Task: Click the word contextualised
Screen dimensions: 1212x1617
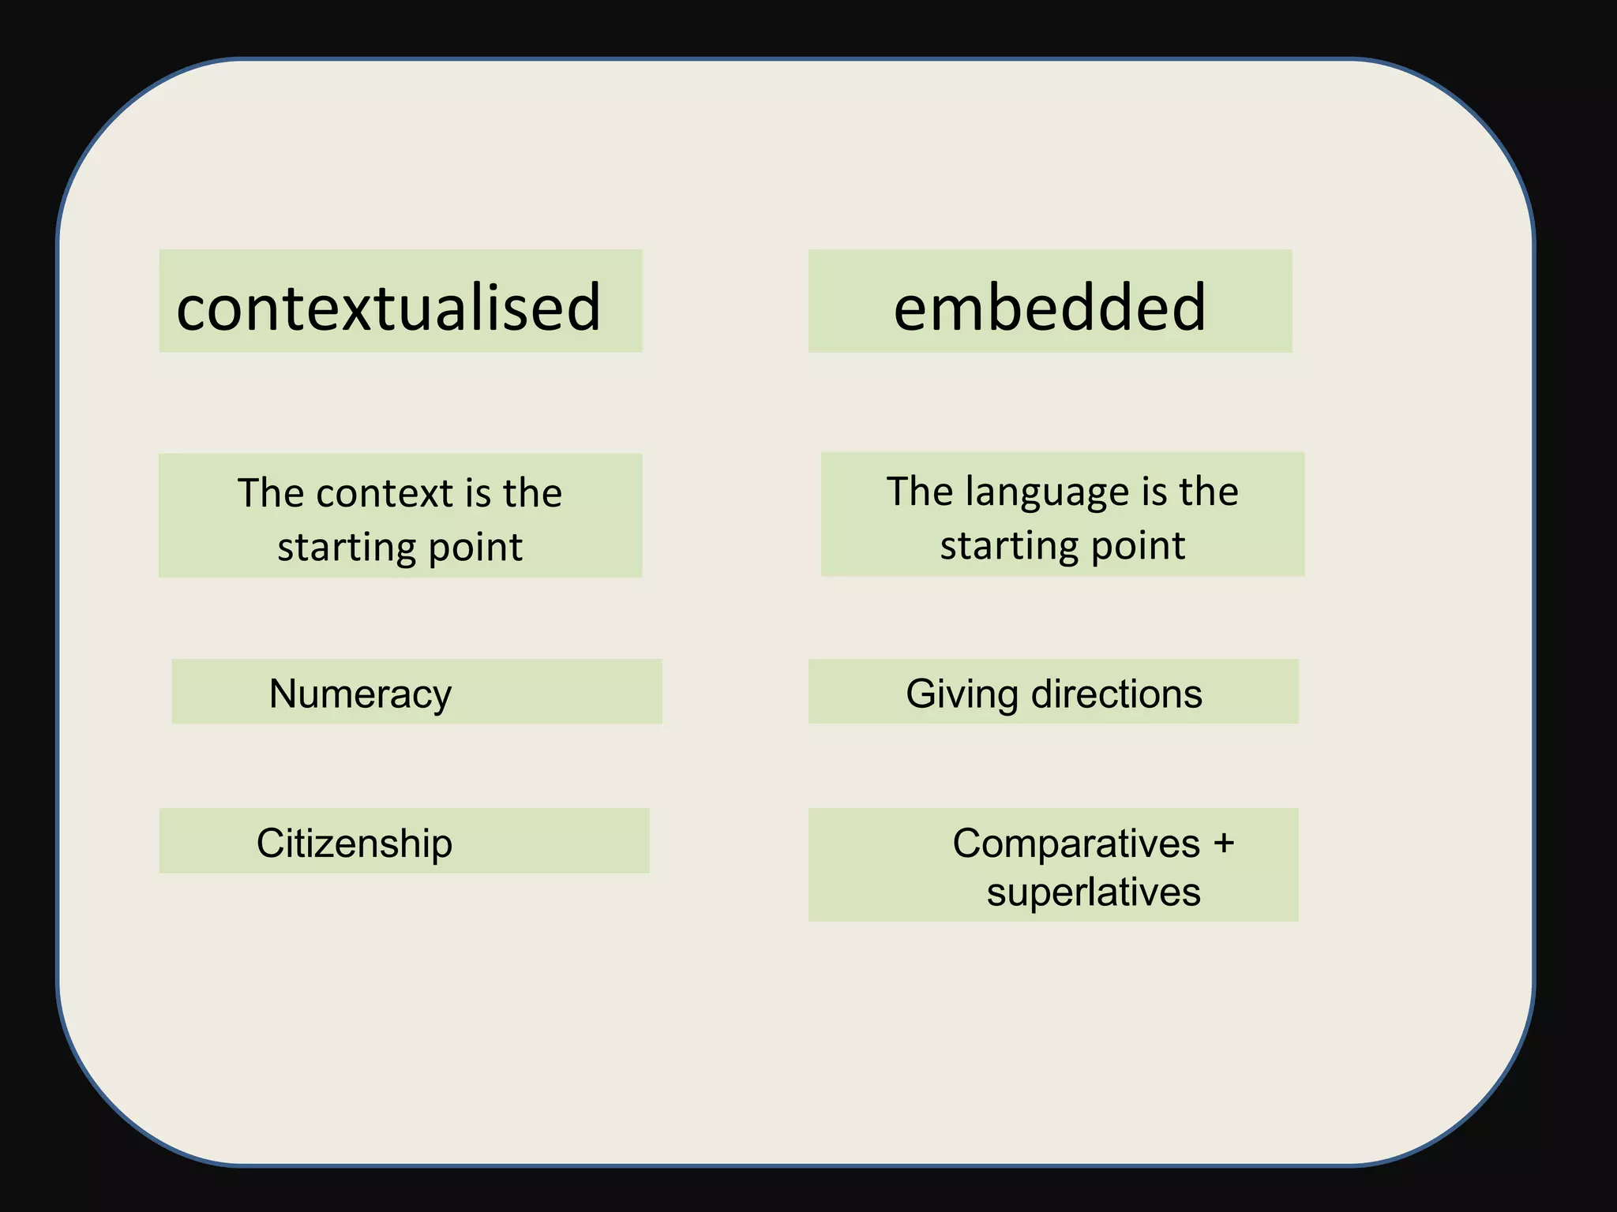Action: click(x=388, y=307)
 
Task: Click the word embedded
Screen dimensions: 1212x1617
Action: click(x=1049, y=307)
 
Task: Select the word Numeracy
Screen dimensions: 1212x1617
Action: click(x=360, y=694)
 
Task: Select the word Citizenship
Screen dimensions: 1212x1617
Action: click(x=355, y=843)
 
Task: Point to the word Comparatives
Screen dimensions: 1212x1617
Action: click(x=1076, y=843)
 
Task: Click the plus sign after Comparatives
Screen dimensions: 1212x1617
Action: click(x=1224, y=843)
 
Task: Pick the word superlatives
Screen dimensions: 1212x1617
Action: click(x=1094, y=892)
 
